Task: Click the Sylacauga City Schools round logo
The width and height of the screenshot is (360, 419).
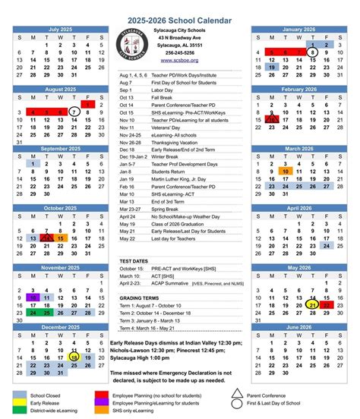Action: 134,46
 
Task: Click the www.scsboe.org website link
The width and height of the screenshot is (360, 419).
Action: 179,61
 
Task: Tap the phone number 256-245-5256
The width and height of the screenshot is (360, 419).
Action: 180,52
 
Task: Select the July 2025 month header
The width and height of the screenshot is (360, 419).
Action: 62,29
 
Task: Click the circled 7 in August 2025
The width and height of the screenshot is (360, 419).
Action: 73,112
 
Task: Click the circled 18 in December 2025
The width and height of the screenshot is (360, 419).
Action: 73,356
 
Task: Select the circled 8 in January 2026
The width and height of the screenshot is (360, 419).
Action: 314,53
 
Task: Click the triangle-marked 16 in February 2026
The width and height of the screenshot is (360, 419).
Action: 272,120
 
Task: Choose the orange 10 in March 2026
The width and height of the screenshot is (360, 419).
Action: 286,172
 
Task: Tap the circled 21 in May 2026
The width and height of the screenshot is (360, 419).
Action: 314,306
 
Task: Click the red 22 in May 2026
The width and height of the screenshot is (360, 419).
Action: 327,306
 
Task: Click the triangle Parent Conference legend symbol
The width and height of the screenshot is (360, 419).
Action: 237,393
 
